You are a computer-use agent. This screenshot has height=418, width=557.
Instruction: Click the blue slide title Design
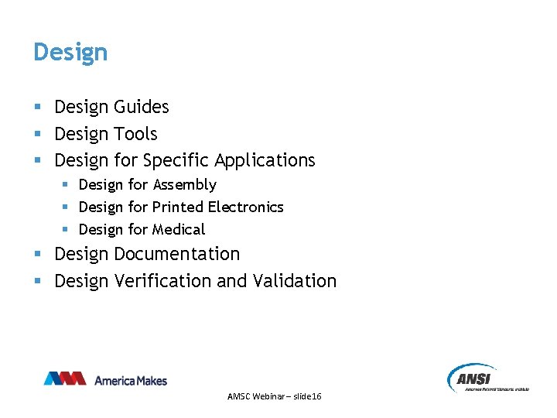click(70, 53)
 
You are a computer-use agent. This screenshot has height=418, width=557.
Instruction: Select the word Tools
click(135, 134)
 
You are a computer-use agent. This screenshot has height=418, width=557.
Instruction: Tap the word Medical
click(179, 230)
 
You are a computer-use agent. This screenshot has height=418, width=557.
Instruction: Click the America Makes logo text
click(131, 380)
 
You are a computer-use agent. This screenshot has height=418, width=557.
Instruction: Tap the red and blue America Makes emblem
click(65, 379)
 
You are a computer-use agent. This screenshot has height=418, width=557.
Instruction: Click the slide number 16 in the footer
click(316, 396)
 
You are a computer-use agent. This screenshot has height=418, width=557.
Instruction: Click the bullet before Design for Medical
click(65, 230)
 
